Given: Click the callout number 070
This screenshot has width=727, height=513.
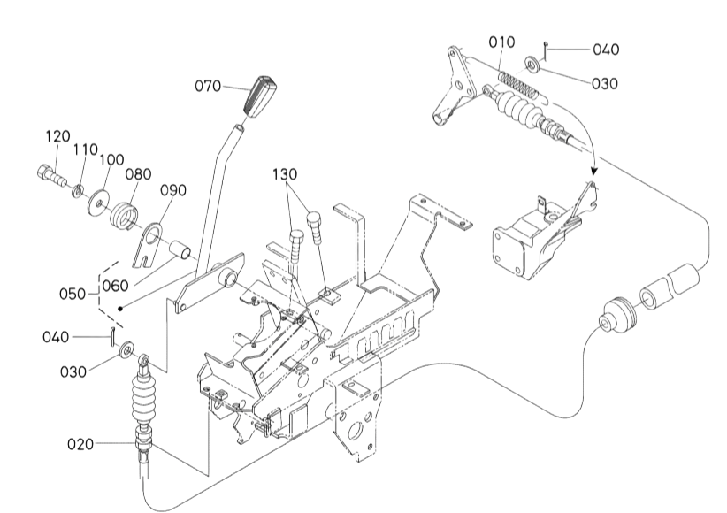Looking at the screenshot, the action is (208, 86).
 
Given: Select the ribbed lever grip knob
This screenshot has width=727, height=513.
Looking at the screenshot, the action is (260, 96).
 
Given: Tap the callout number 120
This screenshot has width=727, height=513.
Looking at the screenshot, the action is (58, 136).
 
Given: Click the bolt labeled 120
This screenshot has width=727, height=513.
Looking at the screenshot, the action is (51, 176).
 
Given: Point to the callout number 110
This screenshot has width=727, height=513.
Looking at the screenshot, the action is (85, 149).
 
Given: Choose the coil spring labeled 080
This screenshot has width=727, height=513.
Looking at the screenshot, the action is (124, 214).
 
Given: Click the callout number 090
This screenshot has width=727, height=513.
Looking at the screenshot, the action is (173, 190).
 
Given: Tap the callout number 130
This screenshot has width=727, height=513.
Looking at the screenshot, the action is (285, 174).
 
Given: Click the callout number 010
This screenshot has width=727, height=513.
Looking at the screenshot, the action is (501, 42).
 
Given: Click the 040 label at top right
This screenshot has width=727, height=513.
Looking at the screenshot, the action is (606, 50).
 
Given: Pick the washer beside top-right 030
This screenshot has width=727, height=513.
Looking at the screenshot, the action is (532, 63).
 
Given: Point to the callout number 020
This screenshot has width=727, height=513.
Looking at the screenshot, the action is (80, 444).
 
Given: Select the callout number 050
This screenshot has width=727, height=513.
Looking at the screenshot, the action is (73, 294).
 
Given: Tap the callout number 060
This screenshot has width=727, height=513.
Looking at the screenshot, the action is (115, 286).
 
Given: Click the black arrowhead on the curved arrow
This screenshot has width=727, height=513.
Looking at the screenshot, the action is (594, 171).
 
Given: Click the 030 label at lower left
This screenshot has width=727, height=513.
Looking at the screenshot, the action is (73, 371).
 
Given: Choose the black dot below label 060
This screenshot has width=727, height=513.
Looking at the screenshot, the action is (120, 309).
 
